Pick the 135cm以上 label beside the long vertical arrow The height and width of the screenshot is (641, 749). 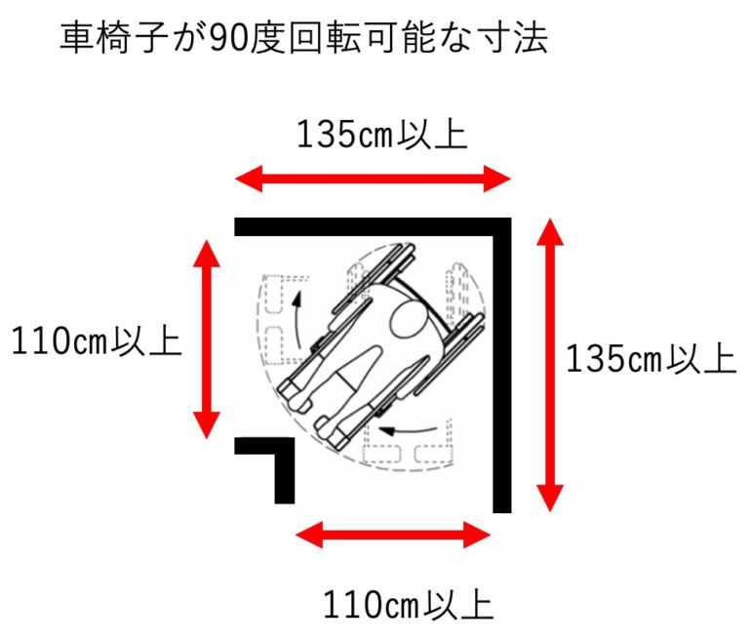tap(651, 360)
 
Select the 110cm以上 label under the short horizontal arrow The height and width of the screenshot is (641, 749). tap(409, 605)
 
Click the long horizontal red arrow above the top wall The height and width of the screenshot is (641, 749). tap(374, 178)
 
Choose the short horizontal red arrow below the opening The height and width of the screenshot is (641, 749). tap(393, 534)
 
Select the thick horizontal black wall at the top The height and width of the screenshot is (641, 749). tap(371, 226)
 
